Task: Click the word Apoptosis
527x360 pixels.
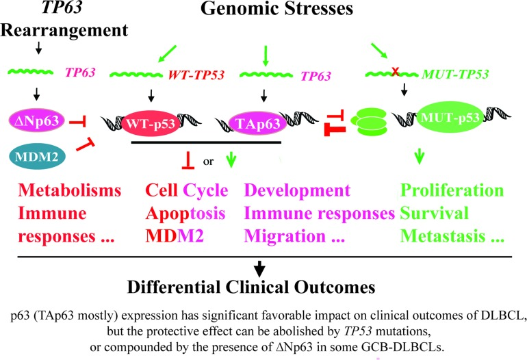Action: (x=186, y=214)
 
